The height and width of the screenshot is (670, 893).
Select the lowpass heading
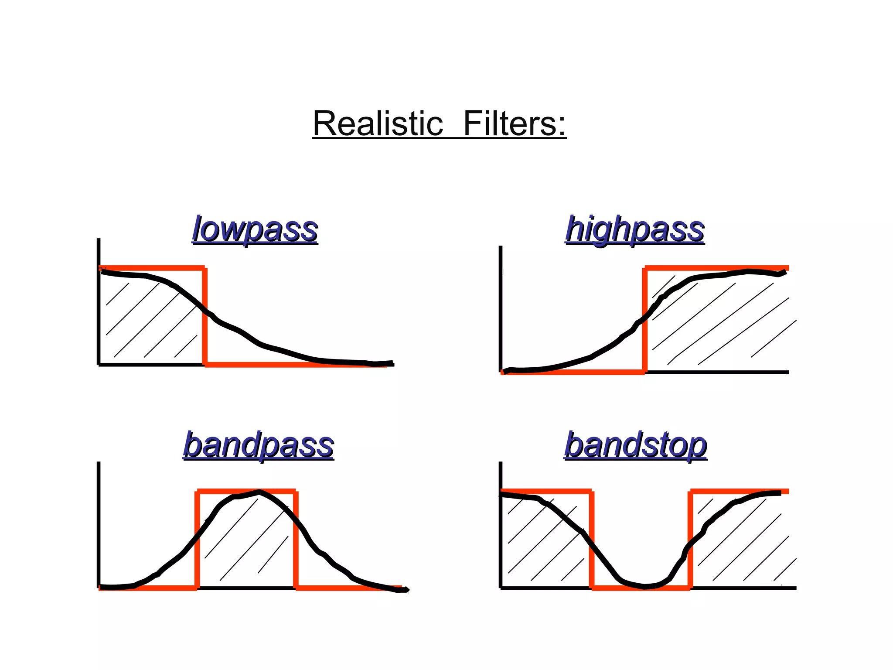[x=255, y=229]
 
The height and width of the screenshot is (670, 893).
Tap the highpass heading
[x=634, y=229]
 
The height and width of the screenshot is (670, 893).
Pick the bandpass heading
[x=259, y=445]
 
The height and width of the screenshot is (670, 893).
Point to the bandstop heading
[x=635, y=445]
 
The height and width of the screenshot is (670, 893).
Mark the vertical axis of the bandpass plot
[x=99, y=523]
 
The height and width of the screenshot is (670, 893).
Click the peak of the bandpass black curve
[x=259, y=492]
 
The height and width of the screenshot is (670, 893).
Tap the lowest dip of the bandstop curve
[x=644, y=587]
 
